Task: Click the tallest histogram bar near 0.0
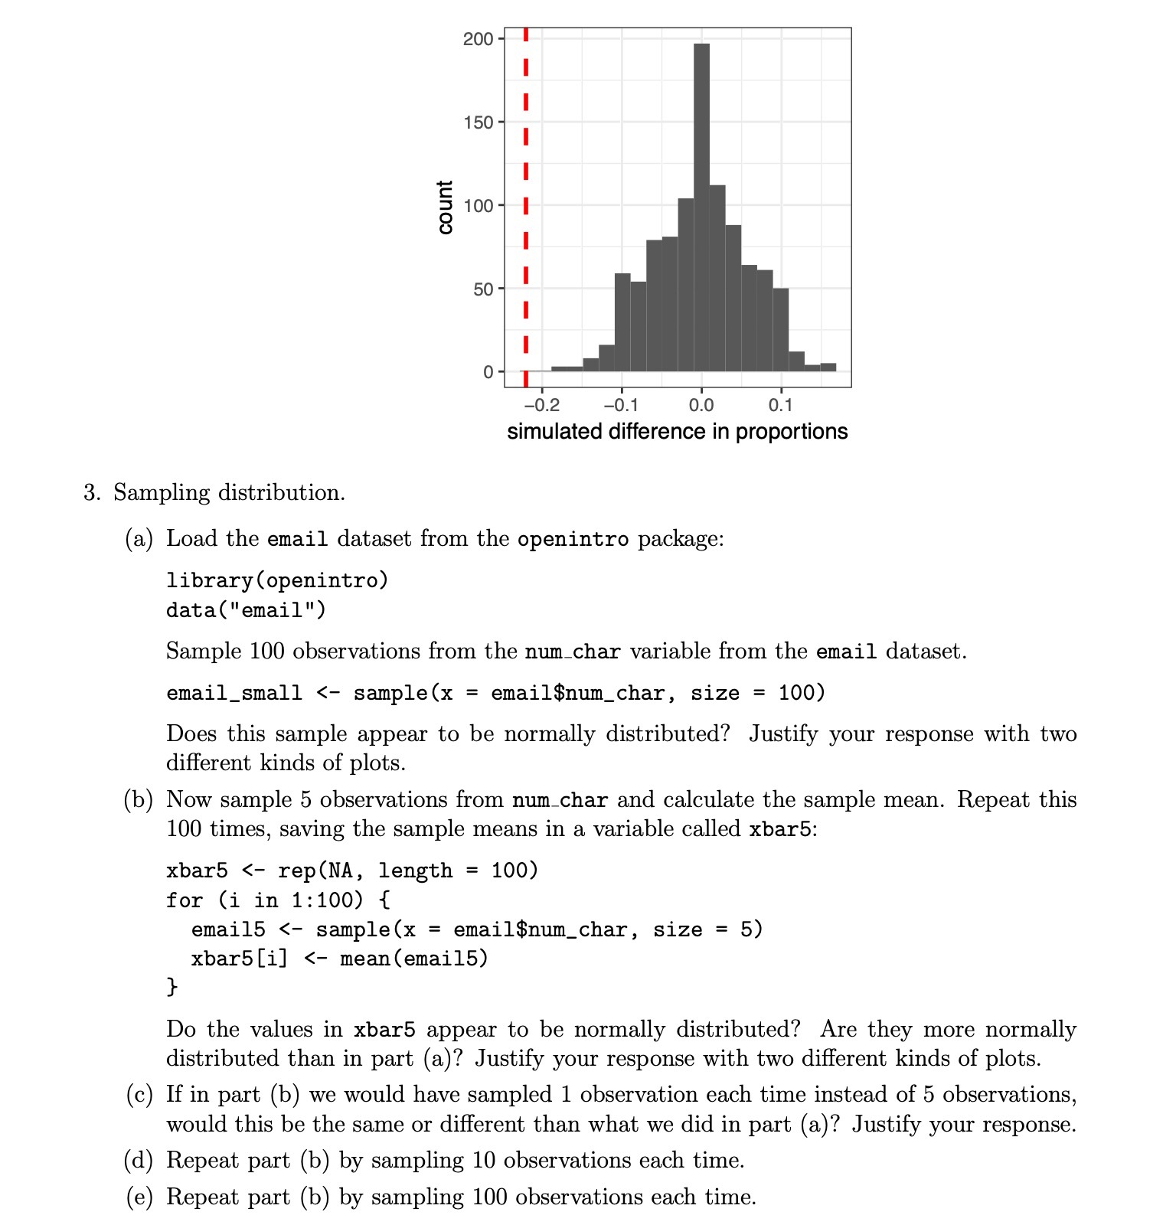[701, 207]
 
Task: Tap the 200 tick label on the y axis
[478, 39]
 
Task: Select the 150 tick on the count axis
[478, 122]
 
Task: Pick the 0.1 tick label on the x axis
[780, 405]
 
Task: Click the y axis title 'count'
[445, 207]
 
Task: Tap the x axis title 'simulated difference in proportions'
[677, 432]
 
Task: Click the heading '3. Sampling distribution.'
[214, 492]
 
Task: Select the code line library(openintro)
[277, 580]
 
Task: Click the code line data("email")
[246, 610]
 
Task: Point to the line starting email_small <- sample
[495, 693]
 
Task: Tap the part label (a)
[139, 539]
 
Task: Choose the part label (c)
[139, 1095]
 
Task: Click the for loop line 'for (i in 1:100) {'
[278, 900]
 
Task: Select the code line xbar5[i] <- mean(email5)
[339, 959]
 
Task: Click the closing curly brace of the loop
[172, 987]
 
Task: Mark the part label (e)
[139, 1197]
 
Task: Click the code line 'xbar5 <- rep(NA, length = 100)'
[352, 871]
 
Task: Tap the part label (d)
[139, 1161]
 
